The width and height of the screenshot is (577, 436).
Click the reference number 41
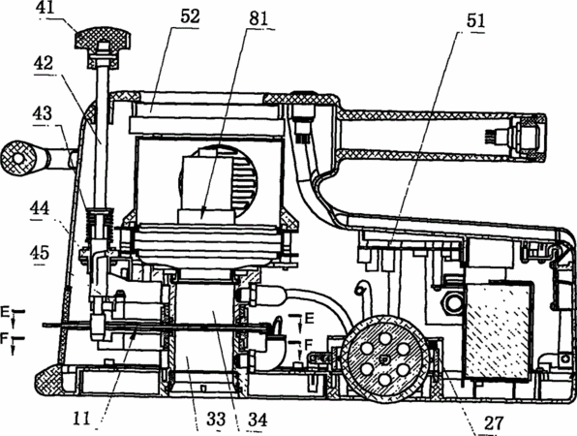click(46, 8)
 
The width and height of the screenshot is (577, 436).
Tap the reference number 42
click(44, 63)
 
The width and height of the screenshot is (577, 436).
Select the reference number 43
click(43, 113)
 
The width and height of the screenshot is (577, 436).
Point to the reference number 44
click(40, 208)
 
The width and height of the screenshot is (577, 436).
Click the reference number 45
click(40, 253)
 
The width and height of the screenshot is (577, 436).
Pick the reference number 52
click(191, 16)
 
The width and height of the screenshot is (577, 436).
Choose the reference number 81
click(258, 17)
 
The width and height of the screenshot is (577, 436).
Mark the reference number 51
click(475, 20)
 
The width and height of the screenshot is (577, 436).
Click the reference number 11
click(81, 419)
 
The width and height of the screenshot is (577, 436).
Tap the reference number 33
click(216, 420)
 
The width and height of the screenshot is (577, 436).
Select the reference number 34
click(258, 420)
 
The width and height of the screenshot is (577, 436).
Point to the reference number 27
click(494, 423)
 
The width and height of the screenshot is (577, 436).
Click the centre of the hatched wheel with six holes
click(384, 358)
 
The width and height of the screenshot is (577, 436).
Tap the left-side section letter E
click(5, 313)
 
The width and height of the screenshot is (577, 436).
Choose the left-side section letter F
click(4, 338)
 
